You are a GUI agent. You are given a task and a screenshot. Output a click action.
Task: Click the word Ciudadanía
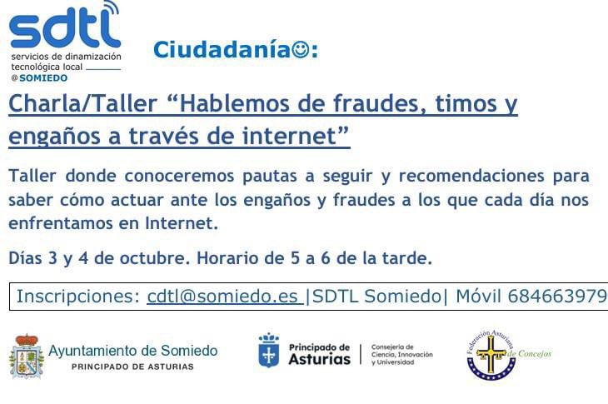[221, 51]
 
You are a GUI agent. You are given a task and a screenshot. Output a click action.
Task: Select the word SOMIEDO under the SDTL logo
[43, 77]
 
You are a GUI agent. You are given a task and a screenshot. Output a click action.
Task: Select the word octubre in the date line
[147, 258]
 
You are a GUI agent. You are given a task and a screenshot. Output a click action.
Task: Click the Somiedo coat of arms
[27, 356]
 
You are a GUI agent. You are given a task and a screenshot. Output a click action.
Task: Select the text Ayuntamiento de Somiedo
[133, 351]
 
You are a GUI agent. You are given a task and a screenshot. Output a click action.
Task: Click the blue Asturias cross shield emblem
[269, 352]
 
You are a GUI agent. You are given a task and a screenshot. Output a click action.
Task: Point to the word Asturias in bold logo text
[319, 359]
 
